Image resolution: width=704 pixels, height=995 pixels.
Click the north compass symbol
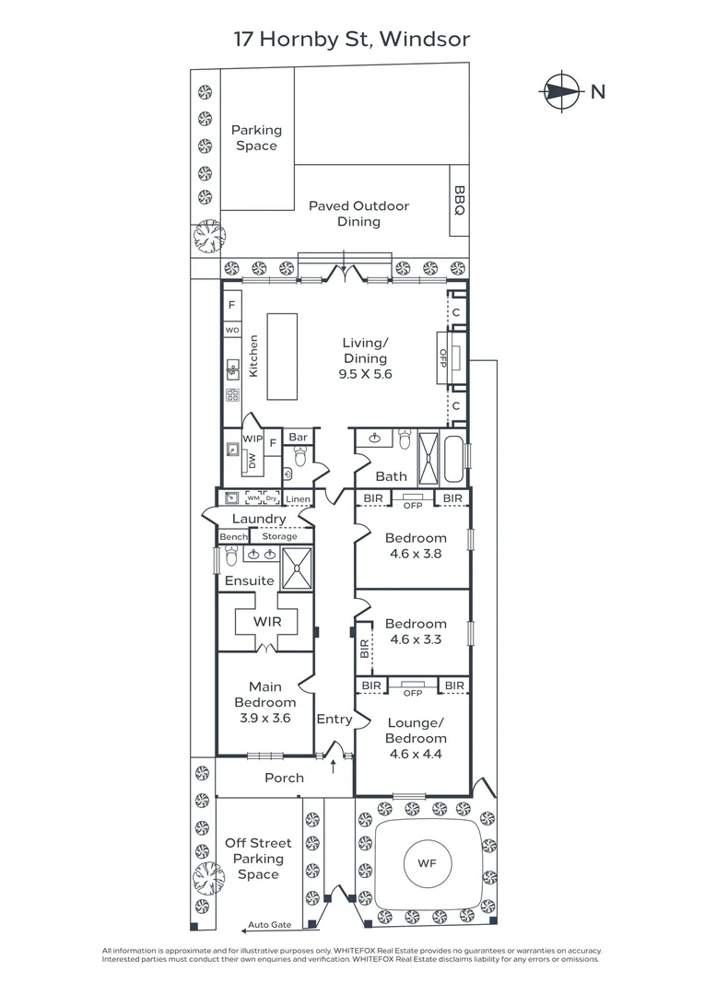tap(562, 91)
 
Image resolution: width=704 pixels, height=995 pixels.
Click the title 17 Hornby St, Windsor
tap(351, 39)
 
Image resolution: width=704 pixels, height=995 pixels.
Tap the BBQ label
tap(459, 200)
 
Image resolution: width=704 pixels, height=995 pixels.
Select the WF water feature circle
tap(427, 864)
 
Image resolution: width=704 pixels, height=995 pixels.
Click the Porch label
tap(284, 778)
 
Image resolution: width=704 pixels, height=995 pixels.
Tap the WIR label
tap(267, 622)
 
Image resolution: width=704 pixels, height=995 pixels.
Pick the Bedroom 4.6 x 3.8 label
tap(416, 545)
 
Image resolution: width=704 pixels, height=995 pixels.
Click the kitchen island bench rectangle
tap(283, 357)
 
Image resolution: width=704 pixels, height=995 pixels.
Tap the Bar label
tap(298, 437)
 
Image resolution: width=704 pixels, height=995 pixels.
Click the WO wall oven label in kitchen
tap(231, 329)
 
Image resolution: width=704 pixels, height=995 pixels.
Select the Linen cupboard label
tap(298, 499)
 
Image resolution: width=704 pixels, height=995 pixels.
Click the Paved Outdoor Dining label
tap(358, 214)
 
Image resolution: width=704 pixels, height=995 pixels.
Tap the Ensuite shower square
tap(297, 568)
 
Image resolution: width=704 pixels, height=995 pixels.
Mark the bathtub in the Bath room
tap(455, 458)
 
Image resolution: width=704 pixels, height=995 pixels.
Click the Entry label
tap(334, 719)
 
